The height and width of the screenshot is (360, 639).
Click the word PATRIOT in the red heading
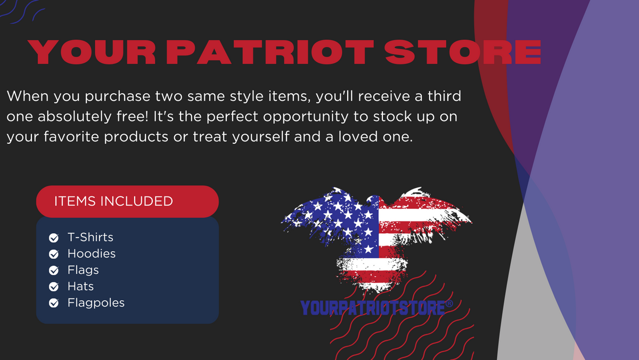(x=271, y=52)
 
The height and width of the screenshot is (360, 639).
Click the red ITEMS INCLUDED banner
(x=127, y=201)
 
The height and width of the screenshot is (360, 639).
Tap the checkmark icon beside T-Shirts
(x=54, y=238)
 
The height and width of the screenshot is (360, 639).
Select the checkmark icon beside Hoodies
(x=54, y=254)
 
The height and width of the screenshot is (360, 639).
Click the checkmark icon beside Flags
(x=54, y=271)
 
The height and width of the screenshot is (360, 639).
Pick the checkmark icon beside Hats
(x=54, y=287)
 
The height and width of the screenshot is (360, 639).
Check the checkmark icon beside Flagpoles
(x=54, y=304)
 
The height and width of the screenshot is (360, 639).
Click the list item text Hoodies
(x=92, y=253)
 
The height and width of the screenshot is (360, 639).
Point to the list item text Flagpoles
(x=96, y=302)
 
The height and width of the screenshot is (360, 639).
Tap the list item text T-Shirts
(x=91, y=237)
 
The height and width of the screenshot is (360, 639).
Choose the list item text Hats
(x=80, y=287)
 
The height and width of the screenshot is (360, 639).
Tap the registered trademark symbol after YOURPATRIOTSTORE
(x=449, y=304)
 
